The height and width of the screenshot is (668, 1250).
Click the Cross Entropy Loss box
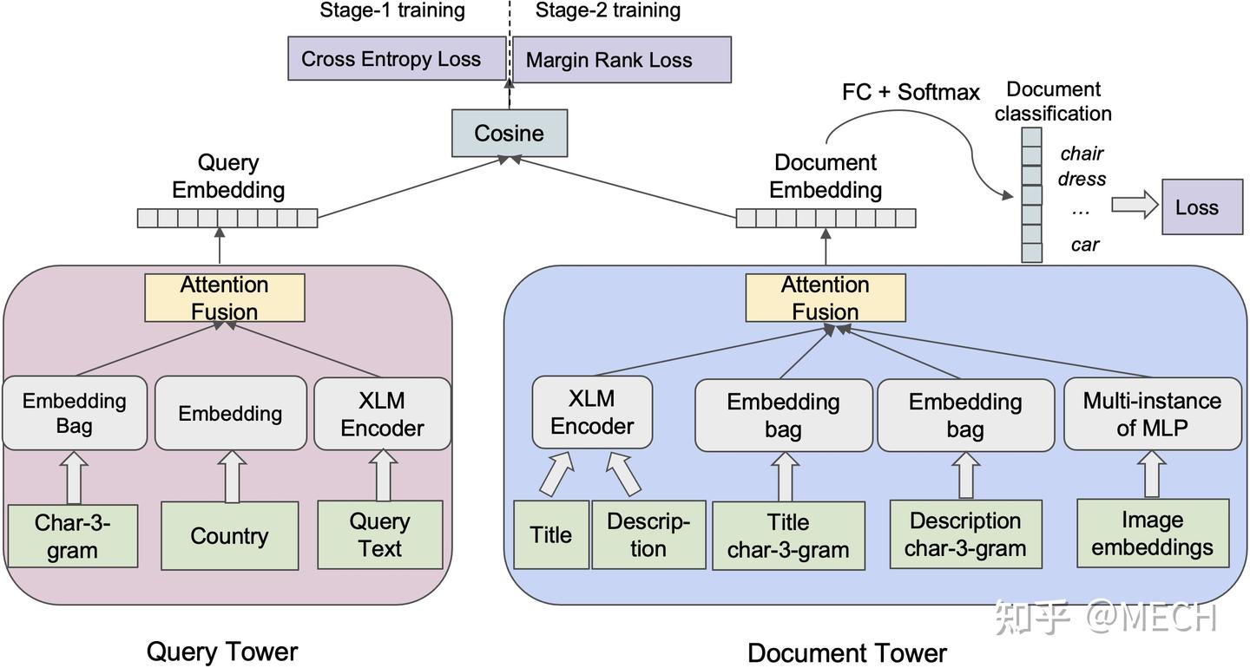pyautogui.click(x=397, y=58)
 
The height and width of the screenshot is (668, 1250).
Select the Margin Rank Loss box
pyautogui.click(x=622, y=60)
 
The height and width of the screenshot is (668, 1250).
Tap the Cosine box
pyautogui.click(x=510, y=134)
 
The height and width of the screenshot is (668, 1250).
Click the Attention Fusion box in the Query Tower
pyautogui.click(x=224, y=298)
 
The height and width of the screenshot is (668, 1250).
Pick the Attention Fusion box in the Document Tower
pyautogui.click(x=826, y=298)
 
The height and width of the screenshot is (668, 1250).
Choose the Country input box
pyautogui.click(x=230, y=536)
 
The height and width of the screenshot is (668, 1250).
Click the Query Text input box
pyautogui.click(x=380, y=534)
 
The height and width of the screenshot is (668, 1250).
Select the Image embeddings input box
pyautogui.click(x=1153, y=534)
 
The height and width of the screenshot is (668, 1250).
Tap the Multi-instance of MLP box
pyautogui.click(x=1153, y=414)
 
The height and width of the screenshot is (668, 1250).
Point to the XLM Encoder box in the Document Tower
pyautogui.click(x=592, y=413)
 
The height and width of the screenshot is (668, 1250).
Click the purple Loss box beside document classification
pyautogui.click(x=1202, y=206)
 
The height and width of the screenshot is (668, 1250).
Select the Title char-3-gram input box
pyautogui.click(x=788, y=536)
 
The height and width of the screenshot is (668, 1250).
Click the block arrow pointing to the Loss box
pyautogui.click(x=1135, y=205)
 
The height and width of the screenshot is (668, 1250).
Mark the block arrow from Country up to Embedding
pyautogui.click(x=232, y=476)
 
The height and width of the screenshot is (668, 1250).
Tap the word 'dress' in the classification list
pyautogui.click(x=1082, y=179)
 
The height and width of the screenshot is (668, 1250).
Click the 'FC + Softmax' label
pyautogui.click(x=911, y=92)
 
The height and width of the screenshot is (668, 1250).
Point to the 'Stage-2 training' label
pyautogui.click(x=608, y=10)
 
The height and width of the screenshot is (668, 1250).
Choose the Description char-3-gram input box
pyautogui.click(x=966, y=534)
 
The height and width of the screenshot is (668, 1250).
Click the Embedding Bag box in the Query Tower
pyautogui.click(x=75, y=414)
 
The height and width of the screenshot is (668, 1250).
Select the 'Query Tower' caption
pyautogui.click(x=222, y=652)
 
